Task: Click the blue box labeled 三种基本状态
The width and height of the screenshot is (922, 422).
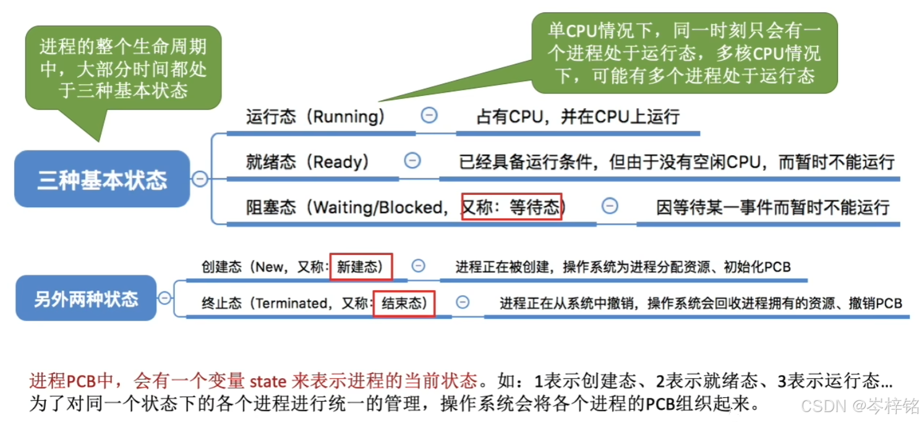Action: [102, 179]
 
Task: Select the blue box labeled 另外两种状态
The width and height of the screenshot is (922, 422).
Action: [86, 299]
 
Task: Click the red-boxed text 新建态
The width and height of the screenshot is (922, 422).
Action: [361, 267]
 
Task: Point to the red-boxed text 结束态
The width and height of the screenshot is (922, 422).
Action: [404, 303]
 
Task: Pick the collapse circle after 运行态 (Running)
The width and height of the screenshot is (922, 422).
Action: [429, 115]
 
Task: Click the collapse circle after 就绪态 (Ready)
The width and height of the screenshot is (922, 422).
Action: [412, 161]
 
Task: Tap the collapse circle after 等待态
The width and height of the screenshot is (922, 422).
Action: [610, 206]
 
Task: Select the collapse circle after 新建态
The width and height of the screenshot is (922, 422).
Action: [419, 266]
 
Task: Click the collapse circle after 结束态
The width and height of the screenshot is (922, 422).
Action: [462, 303]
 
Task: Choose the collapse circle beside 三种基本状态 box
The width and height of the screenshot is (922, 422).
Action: [200, 179]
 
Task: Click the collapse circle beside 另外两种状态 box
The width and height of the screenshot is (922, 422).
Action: [164, 298]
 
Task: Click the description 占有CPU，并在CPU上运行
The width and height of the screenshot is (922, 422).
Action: [578, 117]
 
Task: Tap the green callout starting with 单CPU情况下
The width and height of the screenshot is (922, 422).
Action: [684, 53]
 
